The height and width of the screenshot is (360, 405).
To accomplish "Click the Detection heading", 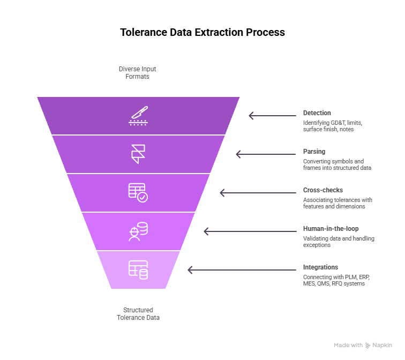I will [x=317, y=113].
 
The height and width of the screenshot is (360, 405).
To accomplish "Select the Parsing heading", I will [x=314, y=152].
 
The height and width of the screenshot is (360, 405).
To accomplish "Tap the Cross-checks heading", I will [x=323, y=190].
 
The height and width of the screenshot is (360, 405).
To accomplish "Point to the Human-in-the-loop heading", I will [x=331, y=229].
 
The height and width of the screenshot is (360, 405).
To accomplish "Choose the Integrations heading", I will [x=320, y=267].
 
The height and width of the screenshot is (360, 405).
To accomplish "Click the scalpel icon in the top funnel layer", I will [x=138, y=116].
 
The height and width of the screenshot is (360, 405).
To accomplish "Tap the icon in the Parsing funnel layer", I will [x=138, y=154].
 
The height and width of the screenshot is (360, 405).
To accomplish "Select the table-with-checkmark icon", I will [x=138, y=193].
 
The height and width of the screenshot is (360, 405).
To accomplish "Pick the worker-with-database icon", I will [x=138, y=231].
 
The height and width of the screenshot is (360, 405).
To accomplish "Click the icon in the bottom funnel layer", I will [x=138, y=270].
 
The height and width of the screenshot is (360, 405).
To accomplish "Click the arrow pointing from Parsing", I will [x=266, y=154].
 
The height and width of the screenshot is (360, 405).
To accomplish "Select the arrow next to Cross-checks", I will [x=258, y=193].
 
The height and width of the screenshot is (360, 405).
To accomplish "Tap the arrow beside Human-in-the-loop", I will [x=250, y=231].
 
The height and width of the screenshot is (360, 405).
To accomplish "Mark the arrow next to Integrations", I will [x=242, y=270].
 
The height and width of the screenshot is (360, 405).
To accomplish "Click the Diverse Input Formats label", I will [x=138, y=73].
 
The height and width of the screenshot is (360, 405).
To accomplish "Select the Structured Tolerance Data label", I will [x=138, y=314].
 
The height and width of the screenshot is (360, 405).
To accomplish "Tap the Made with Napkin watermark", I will [x=363, y=346].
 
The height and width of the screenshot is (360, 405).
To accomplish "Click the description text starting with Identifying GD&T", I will [x=331, y=126].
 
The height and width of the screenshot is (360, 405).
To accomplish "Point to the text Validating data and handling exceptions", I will [x=339, y=242].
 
